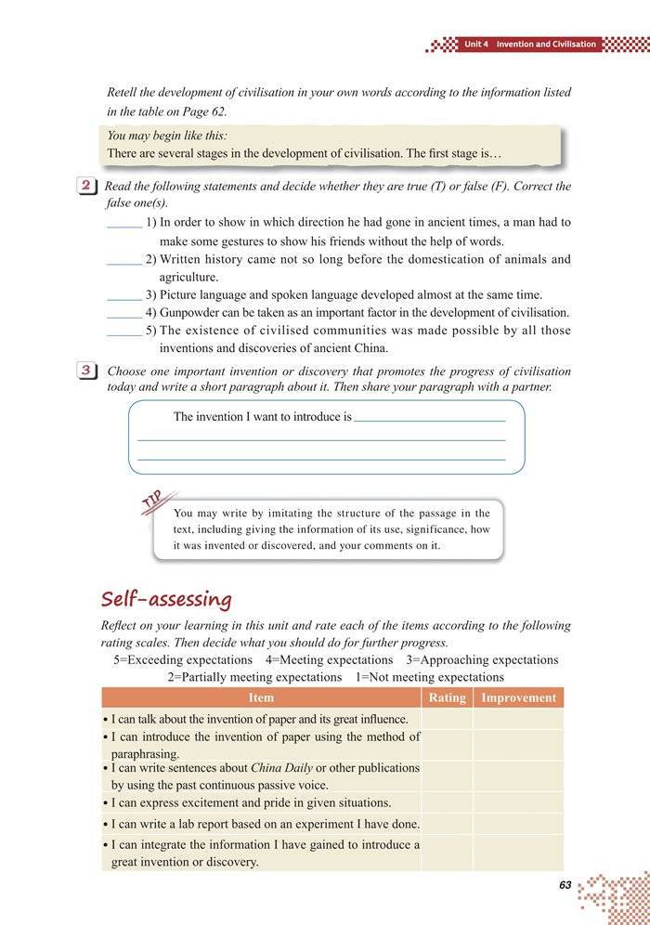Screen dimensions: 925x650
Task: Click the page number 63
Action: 565,885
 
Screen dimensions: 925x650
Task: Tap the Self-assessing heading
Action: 166,598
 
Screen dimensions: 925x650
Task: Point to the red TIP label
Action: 154,502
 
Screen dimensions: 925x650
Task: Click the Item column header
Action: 261,697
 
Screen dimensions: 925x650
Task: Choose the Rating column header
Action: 447,697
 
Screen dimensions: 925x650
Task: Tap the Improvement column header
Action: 518,697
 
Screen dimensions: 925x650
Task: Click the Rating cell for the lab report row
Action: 447,824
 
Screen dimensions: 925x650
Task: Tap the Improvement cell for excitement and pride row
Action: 518,802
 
